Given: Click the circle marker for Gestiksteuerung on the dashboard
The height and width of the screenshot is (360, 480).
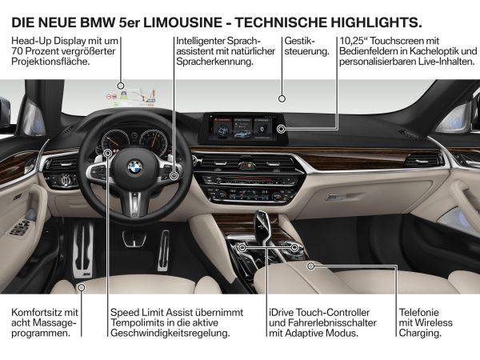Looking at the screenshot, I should (282, 98).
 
